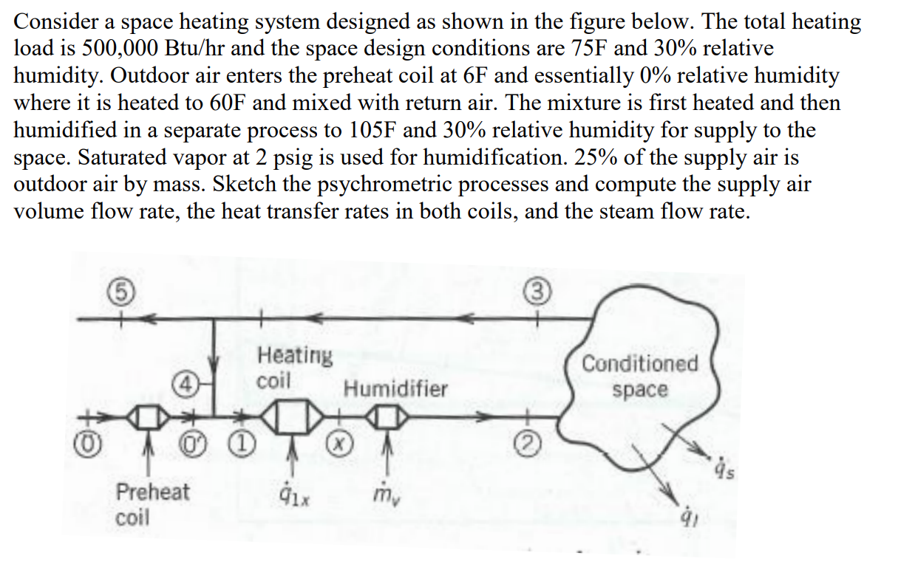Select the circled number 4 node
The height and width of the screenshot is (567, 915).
click(x=184, y=383)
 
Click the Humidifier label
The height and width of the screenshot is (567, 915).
click(x=395, y=389)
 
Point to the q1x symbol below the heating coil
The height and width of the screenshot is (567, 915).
click(x=296, y=495)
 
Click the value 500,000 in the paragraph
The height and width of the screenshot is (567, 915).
click(x=101, y=49)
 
